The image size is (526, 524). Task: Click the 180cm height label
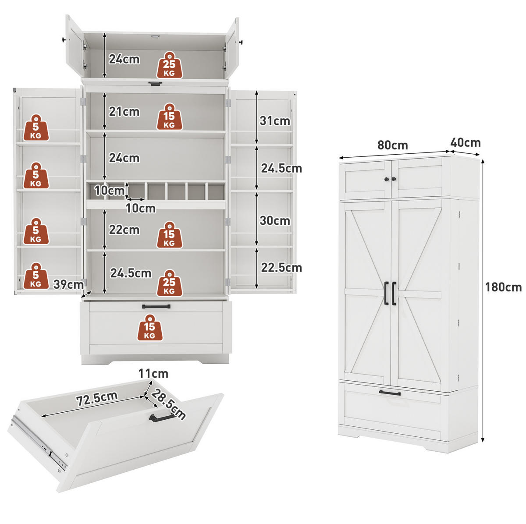pyautogui.click(x=503, y=287)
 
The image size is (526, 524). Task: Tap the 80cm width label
pyautogui.click(x=392, y=145)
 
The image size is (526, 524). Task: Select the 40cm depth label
pyautogui.click(x=466, y=142)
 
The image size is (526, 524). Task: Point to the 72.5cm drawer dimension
pyautogui.click(x=97, y=398)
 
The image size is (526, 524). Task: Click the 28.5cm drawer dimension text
pyautogui.click(x=168, y=404)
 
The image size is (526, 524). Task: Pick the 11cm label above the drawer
pyautogui.click(x=153, y=374)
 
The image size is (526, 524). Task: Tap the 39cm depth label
pyautogui.click(x=68, y=284)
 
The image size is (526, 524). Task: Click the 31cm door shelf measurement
pyautogui.click(x=274, y=121)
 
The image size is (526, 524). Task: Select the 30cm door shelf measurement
pyautogui.click(x=274, y=220)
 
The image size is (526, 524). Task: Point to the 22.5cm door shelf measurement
pyautogui.click(x=281, y=267)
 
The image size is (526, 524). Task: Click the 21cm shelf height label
pyautogui.click(x=124, y=112)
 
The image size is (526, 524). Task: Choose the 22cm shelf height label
pyautogui.click(x=124, y=230)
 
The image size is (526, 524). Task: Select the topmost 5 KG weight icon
pyautogui.click(x=36, y=127)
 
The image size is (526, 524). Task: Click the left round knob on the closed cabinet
pyautogui.click(x=387, y=179)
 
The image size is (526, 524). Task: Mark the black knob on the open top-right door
pyautogui.click(x=241, y=42)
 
